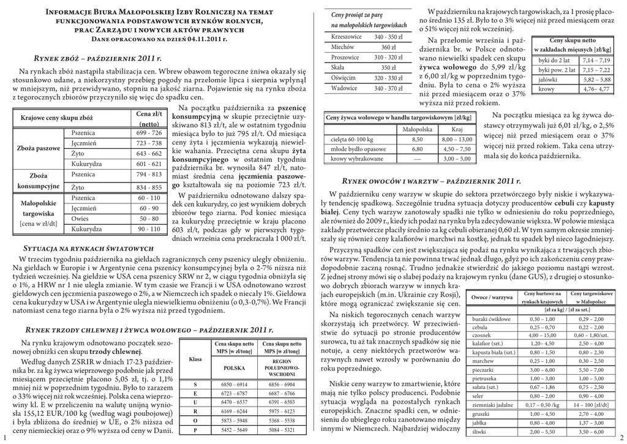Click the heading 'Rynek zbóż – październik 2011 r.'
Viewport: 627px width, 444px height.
point(97,58)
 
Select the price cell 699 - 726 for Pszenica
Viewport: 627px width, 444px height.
point(149,133)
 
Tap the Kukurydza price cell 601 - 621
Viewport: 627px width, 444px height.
point(149,164)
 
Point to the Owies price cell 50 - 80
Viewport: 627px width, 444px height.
point(149,219)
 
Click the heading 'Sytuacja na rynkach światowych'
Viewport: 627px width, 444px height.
point(87,249)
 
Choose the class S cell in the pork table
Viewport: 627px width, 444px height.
point(195,383)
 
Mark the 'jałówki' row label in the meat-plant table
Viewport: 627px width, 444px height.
point(547,80)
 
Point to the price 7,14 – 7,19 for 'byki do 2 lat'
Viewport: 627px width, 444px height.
point(596,61)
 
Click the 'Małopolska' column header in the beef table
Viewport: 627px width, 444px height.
point(417,129)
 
